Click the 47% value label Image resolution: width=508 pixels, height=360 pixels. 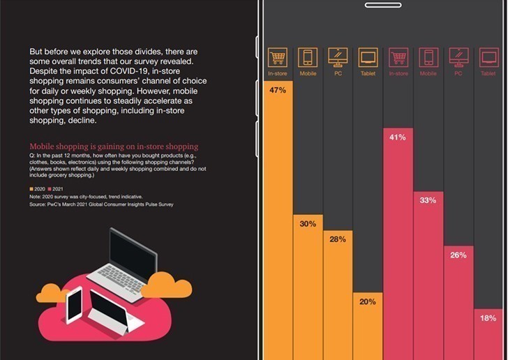tap(278, 91)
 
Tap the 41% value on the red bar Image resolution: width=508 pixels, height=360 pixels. tap(398, 137)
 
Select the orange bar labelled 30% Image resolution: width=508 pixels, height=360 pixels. tap(308, 286)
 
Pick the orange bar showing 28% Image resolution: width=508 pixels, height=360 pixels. tap(338, 293)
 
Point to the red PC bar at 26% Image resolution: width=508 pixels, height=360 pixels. tap(458, 300)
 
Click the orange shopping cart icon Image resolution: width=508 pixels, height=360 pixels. tap(278, 57)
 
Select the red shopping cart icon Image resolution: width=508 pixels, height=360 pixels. tap(398, 57)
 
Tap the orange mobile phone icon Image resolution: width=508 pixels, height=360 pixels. tap(308, 57)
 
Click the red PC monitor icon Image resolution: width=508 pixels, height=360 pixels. tap(458, 57)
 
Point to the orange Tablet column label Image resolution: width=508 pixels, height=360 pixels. tap(368, 73)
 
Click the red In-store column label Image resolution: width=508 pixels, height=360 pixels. tap(398, 73)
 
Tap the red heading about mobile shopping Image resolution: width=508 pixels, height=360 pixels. tap(114, 147)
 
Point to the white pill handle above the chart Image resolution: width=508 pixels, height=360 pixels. tap(383, 5)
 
